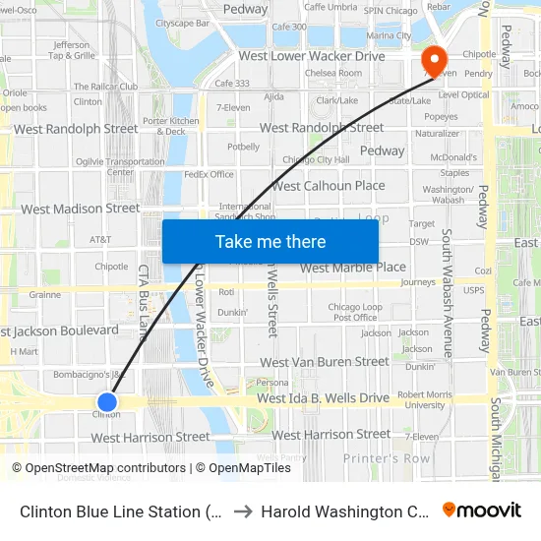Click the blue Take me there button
(x=270, y=241)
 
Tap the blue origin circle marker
(x=107, y=401)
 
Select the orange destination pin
(x=433, y=61)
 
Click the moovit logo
(x=482, y=510)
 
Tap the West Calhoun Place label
(x=329, y=185)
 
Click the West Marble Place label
(x=352, y=267)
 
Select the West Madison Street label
(x=81, y=209)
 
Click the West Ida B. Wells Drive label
(x=323, y=398)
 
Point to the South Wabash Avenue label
(x=447, y=292)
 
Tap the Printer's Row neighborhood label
(x=387, y=458)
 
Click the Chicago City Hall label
(x=316, y=159)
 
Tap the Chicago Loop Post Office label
(x=355, y=312)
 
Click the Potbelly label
(x=243, y=147)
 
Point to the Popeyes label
(x=442, y=116)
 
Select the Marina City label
(x=388, y=35)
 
